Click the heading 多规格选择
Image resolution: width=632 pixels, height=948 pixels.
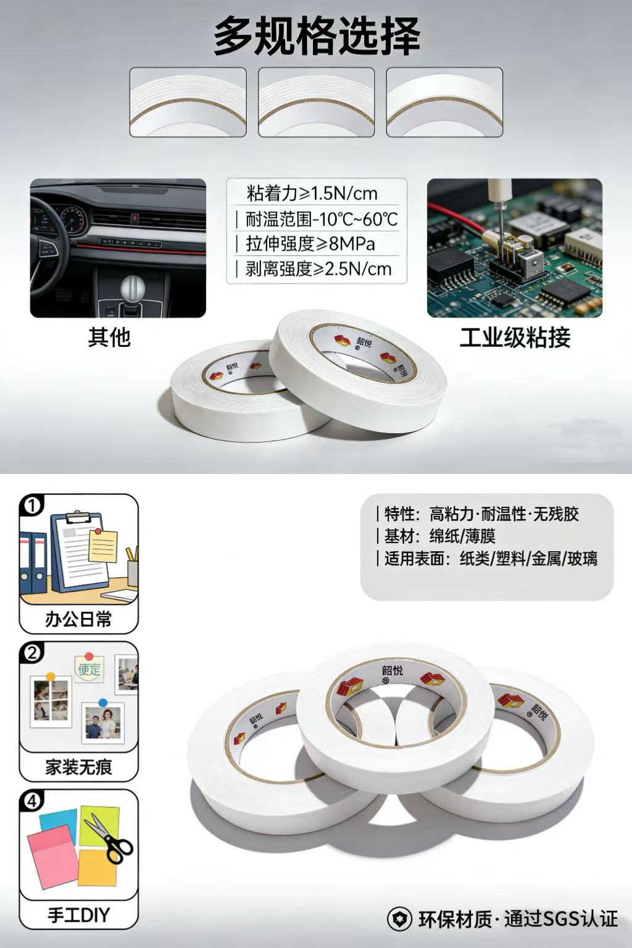317,36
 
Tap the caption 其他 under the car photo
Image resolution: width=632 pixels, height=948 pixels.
109,338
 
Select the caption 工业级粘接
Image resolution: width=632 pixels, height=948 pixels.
515,338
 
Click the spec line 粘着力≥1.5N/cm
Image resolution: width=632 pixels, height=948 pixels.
312,194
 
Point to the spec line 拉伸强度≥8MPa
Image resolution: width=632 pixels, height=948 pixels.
310,244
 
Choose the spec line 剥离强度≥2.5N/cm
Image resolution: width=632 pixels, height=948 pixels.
318,268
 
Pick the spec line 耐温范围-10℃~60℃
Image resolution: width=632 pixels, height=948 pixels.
322,219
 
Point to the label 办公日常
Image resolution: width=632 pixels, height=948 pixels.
79,620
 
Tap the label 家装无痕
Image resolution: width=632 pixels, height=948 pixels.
79,767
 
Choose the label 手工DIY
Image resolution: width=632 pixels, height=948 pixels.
79,915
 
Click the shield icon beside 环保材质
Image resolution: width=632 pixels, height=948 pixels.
399,919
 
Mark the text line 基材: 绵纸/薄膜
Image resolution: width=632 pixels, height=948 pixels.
439,536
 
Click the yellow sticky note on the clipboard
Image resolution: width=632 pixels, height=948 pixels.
103,546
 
